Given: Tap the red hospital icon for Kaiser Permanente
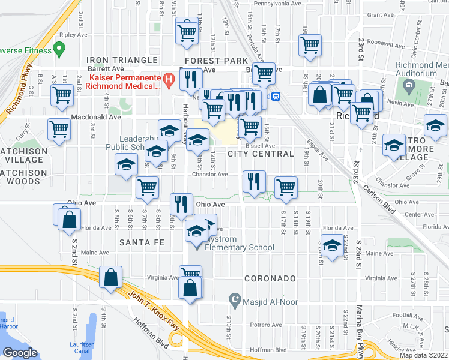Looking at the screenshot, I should tap(169, 78).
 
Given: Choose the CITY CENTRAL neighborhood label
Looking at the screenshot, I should tap(261, 154).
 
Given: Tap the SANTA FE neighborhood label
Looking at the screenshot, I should tap(142, 242).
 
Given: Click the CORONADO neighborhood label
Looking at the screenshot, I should tap(270, 278).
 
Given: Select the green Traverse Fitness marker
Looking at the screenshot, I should tap(59, 47).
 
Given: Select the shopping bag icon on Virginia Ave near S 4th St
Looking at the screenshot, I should tap(111, 277).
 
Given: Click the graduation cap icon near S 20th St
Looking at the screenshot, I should tap(331, 245).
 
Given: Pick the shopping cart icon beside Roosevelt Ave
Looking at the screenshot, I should tap(310, 45).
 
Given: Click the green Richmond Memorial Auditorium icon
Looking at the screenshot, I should tap(409, 86).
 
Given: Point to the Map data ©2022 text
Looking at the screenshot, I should tap(423, 355).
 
